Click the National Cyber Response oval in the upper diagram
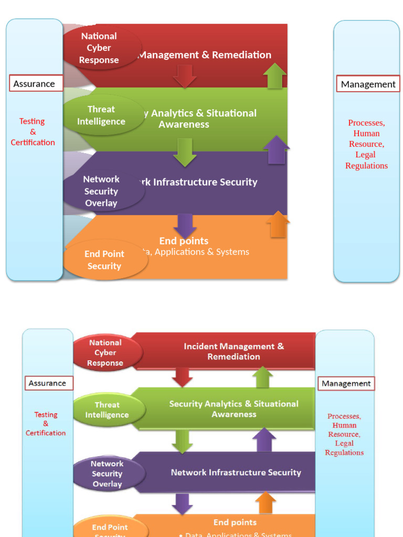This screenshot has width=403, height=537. tap(99, 48)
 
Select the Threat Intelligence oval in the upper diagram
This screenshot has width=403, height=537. tap(101, 115)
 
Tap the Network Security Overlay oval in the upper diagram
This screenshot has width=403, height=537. tap(102, 191)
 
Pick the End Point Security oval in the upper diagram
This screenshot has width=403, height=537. tap(104, 260)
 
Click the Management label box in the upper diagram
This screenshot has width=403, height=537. tap(368, 84)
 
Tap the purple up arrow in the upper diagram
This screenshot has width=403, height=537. tap(276, 150)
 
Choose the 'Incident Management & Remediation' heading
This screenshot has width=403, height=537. tap(234, 351)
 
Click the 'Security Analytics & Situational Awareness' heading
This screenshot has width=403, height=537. tap(234, 409)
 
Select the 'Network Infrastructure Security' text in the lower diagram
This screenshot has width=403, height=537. tap(236, 472)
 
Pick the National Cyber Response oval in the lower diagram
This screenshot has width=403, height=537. tap(105, 352)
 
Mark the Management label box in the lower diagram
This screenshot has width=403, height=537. tap(346, 383)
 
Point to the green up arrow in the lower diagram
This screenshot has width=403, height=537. tap(262, 377)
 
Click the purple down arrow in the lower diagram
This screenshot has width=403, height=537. tap(182, 503)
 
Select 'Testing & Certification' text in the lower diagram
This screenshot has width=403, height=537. tap(46, 424)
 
